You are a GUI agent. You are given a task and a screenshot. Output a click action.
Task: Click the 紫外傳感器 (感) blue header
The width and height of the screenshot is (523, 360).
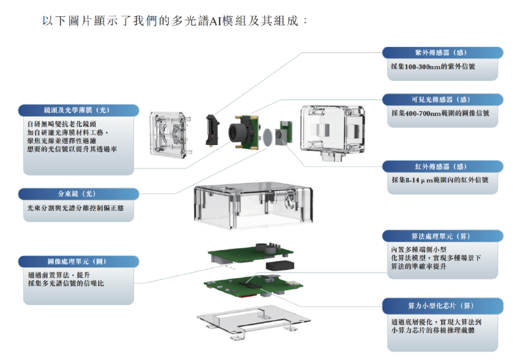tap(442, 54)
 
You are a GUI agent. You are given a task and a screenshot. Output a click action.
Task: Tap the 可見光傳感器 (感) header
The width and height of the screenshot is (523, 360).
tap(442, 99)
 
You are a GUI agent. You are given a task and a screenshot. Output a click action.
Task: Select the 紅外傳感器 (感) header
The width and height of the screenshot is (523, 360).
tap(442, 166)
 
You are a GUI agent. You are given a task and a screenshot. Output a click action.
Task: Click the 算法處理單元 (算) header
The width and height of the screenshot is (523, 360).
tap(442, 237)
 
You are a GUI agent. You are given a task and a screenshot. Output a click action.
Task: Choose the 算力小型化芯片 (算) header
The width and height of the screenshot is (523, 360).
tap(442, 305)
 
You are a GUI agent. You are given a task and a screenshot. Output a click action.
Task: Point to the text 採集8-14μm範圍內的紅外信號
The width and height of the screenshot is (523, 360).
tap(439, 180)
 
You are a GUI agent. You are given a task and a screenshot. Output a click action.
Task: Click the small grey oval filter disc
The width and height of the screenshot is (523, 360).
tap(268, 137)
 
